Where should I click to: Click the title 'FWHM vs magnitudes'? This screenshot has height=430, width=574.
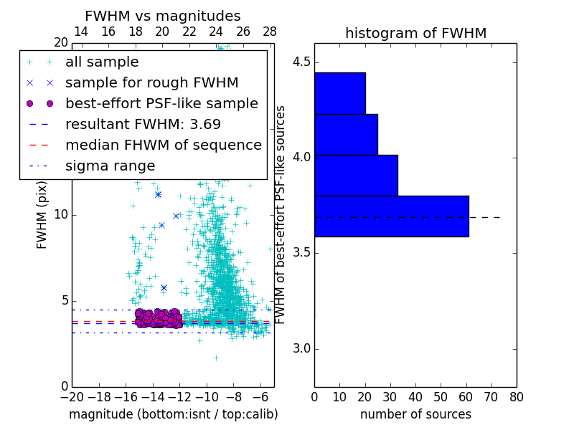point(163,16)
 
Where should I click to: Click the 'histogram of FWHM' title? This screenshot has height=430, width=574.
point(415,33)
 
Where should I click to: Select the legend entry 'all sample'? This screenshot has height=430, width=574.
point(102,62)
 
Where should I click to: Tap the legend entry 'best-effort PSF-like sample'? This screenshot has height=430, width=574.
point(161,104)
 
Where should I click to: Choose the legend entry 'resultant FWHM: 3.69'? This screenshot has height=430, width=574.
point(143,124)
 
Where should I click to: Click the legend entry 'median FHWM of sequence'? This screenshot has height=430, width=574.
point(163,145)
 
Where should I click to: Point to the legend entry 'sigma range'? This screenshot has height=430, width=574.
point(110,166)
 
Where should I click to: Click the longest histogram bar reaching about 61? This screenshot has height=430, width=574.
point(391,216)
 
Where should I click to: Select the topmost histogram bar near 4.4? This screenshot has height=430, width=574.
point(339,93)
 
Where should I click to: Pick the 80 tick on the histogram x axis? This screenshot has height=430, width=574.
point(516,396)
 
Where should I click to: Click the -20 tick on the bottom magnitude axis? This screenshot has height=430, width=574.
point(71,396)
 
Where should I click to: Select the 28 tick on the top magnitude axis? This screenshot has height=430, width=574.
point(270,32)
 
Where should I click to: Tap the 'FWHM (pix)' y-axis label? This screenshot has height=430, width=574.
point(42,215)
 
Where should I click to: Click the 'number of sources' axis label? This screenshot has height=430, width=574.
point(415,414)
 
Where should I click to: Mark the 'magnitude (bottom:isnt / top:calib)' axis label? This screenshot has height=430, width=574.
point(173,414)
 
